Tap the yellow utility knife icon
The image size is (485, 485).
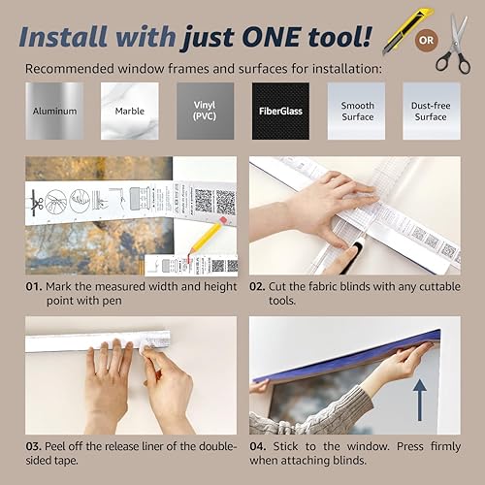[397, 32]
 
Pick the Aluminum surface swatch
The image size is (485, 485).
[53, 111]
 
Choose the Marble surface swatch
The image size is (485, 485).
[129, 111]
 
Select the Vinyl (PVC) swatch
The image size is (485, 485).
[205, 111]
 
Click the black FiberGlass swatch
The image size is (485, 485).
[280, 111]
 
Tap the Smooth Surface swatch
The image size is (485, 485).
[356, 111]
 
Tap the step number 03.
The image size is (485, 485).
[35, 446]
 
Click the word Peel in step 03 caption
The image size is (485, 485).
[61, 446]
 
